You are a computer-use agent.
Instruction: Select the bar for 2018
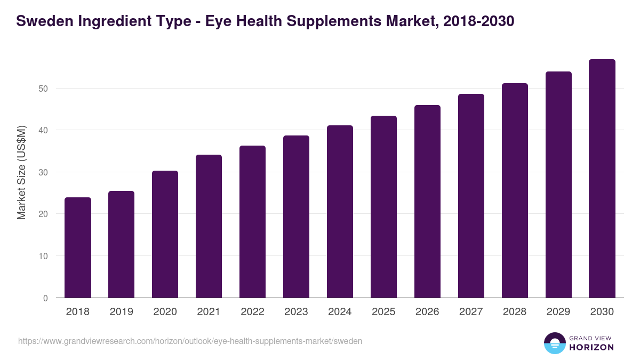(78, 247)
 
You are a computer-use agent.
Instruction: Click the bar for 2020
(165, 234)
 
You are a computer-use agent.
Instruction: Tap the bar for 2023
(297, 217)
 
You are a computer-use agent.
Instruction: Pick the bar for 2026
(428, 202)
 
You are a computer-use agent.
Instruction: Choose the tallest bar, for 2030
(602, 179)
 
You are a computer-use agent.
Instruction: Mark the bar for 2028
(515, 190)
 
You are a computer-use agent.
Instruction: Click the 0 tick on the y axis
(45, 298)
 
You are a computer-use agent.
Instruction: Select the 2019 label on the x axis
(122, 312)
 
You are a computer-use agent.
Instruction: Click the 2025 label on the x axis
(384, 312)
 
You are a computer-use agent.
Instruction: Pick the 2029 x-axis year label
(559, 312)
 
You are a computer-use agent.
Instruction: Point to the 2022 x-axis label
(253, 312)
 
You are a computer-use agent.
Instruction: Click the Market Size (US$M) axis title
(21, 172)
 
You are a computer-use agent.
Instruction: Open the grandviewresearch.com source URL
(190, 341)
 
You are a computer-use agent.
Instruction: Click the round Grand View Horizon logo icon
(554, 343)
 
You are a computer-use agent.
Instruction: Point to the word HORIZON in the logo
(591, 347)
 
